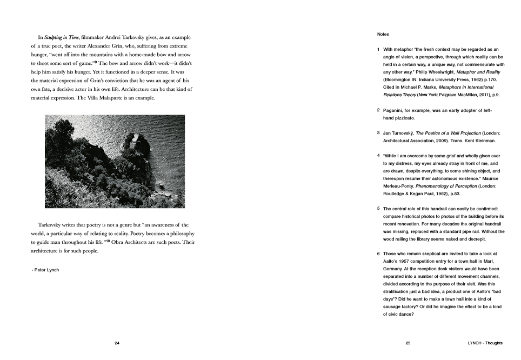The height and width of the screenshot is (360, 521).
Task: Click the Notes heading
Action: pos(383,34)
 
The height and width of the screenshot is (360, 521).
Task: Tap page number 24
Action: pos(117,343)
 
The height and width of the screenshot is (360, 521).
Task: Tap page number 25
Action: pos(408,343)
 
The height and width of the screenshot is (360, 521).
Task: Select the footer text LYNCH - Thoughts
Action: pos(485,343)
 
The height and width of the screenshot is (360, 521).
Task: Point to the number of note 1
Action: pos(378,49)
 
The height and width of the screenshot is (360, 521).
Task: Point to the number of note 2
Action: pos(378,110)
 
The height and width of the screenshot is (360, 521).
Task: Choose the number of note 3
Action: pos(378,133)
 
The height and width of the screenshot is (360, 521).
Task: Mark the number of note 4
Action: pos(378,156)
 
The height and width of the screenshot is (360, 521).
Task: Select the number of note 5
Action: pos(378,209)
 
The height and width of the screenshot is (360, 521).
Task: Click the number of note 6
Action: pos(378,254)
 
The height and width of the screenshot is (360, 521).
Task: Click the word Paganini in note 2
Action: pos(394,110)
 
